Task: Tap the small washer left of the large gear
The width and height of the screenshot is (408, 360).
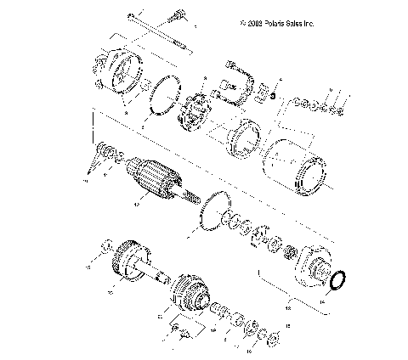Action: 105,247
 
